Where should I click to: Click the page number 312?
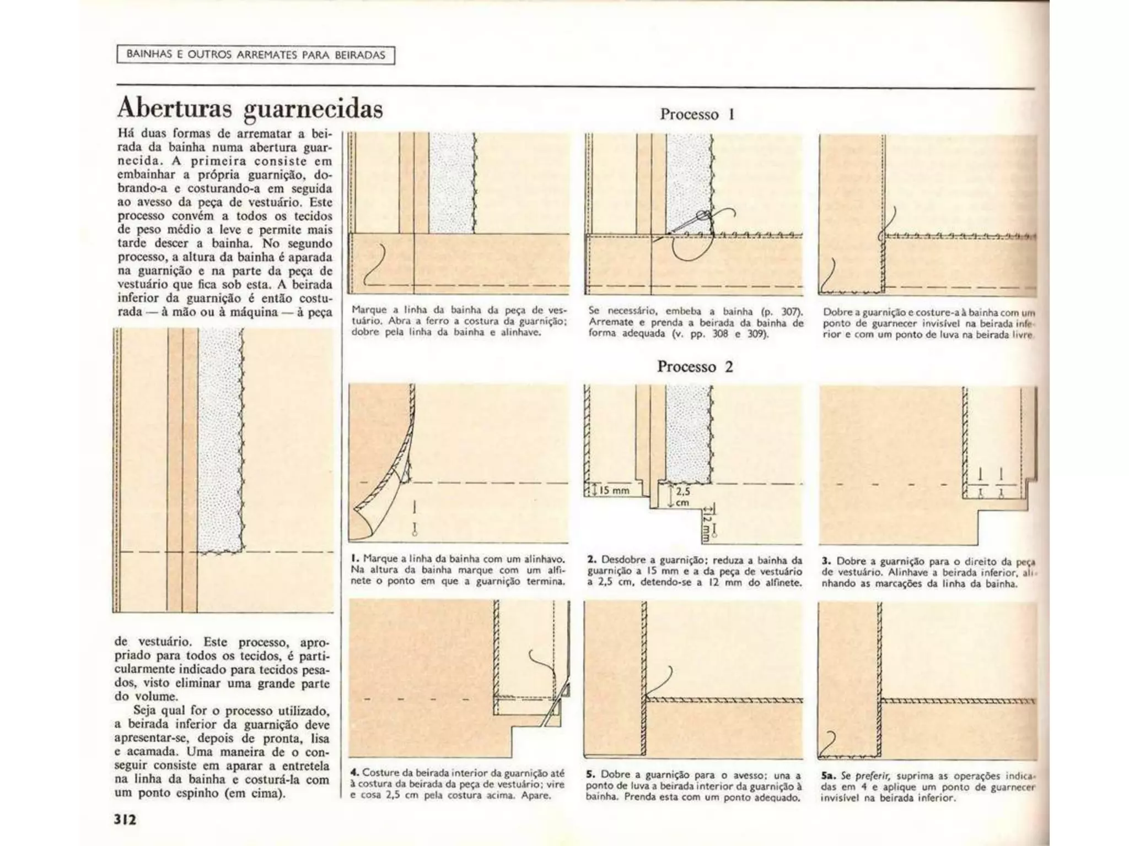[x=125, y=819]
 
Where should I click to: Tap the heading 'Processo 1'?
[x=697, y=115]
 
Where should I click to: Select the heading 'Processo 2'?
[x=695, y=367]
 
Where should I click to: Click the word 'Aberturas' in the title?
[x=175, y=109]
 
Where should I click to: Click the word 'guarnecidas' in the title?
[x=313, y=110]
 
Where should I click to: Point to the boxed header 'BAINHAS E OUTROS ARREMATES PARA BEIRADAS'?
[x=256, y=55]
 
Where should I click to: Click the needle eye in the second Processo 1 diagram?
[x=702, y=215]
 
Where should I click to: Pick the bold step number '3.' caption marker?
[x=826, y=561]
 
